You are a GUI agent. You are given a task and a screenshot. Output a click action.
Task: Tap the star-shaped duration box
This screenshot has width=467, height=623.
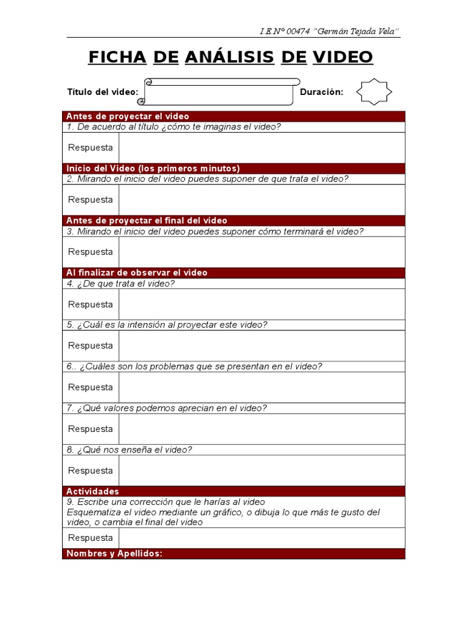(373, 92)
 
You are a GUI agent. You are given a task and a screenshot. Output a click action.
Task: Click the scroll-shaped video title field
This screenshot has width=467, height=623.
(220, 92)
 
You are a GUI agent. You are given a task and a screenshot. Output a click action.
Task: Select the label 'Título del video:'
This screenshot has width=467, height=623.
(103, 92)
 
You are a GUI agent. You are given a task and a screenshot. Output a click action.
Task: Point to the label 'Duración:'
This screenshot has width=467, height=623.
(322, 92)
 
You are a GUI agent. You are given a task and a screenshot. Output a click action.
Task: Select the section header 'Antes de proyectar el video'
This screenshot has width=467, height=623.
(128, 116)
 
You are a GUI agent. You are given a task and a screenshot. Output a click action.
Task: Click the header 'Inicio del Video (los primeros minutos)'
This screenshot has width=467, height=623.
(153, 169)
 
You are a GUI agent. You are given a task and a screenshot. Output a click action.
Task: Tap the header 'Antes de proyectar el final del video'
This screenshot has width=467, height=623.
(147, 220)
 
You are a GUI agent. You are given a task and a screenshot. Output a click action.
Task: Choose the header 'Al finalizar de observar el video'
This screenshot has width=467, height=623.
(137, 273)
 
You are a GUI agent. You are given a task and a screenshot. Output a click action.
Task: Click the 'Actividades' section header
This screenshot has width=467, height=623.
(92, 491)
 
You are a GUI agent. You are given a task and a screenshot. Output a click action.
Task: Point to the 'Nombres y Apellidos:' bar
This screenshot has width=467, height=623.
(114, 554)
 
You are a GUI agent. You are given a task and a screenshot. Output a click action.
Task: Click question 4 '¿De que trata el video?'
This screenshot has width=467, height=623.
(120, 284)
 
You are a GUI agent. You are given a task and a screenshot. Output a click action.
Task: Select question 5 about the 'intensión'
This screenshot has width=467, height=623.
(167, 325)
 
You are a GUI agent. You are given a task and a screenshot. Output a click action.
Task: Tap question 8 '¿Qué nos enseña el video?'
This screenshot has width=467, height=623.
(130, 450)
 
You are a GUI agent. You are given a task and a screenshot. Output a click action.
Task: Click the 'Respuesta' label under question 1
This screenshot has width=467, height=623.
(91, 147)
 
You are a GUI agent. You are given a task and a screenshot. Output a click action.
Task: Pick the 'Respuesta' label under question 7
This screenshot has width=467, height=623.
(91, 429)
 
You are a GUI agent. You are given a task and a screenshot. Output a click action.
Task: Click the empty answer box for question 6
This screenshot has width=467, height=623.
(261, 387)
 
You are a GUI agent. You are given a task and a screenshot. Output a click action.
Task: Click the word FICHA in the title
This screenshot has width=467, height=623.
(117, 57)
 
